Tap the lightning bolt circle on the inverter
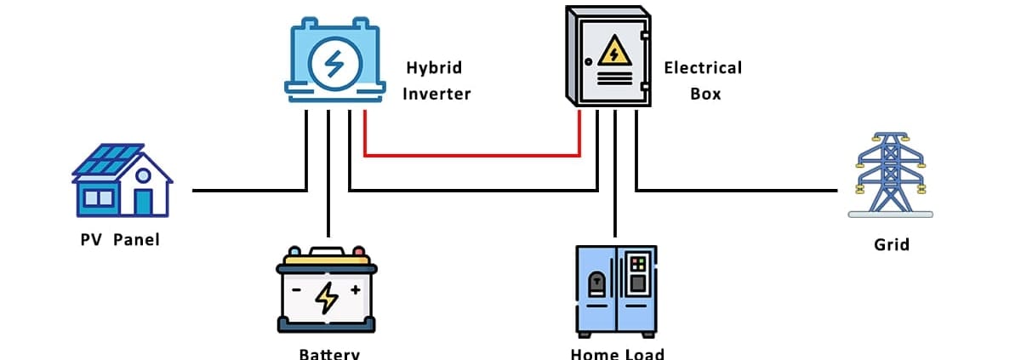coord(334,64)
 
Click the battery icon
coord(327,290)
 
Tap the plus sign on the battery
coord(355,290)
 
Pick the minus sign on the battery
coord(297,290)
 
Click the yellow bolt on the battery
coord(326,296)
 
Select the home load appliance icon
coord(615,289)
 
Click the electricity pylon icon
coord(890,175)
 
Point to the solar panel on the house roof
coord(106,158)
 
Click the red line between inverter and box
coord(472,156)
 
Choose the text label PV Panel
coord(120,239)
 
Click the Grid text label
coord(892,244)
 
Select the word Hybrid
coord(434,68)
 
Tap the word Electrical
coord(703,68)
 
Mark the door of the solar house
coord(143,202)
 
